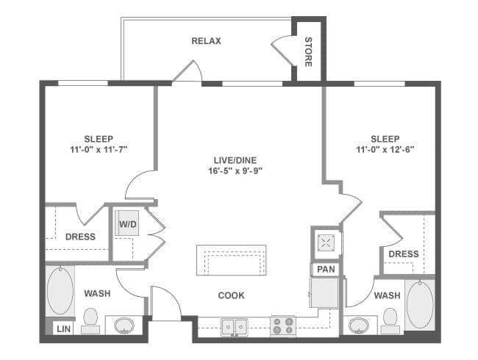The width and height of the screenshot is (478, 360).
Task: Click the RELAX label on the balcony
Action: [206, 41]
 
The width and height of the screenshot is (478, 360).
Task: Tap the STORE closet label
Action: [308, 51]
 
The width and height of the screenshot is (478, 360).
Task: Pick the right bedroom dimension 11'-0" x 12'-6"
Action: [385, 150]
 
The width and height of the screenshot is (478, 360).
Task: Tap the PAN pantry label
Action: [325, 270]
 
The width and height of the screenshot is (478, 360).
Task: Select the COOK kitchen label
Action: [231, 295]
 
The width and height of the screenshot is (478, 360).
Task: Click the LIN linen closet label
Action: [64, 328]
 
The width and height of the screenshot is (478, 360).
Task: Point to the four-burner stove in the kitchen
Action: [283, 325]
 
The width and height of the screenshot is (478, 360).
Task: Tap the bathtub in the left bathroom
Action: [60, 290]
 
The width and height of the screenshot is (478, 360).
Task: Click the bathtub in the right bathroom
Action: [419, 303]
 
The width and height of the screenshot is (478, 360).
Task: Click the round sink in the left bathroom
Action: [124, 325]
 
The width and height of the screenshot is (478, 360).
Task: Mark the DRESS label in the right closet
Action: [403, 254]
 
